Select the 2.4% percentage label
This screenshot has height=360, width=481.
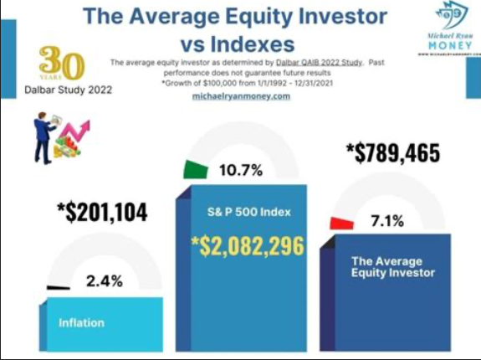point(105,282)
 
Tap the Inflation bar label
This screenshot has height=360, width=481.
point(82,322)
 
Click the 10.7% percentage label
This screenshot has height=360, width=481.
point(241,171)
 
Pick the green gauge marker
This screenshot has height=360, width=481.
point(195,169)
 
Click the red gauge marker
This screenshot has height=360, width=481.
point(341,223)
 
